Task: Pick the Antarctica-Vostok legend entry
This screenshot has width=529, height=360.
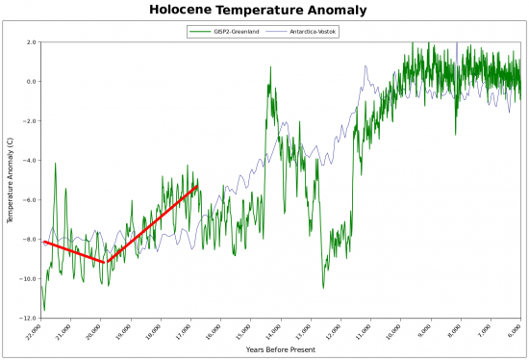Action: click(x=314, y=32)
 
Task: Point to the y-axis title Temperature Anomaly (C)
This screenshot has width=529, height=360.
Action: click(x=10, y=180)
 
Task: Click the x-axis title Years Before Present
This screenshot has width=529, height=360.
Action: click(x=280, y=349)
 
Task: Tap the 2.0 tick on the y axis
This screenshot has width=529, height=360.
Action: click(x=31, y=42)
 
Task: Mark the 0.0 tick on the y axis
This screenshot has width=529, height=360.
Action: click(x=31, y=82)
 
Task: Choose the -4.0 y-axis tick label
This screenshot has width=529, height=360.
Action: click(x=30, y=161)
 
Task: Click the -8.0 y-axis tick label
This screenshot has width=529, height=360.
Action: click(x=30, y=240)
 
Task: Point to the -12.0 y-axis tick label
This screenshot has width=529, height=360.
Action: click(x=28, y=319)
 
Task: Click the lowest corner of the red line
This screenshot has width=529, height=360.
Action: click(x=106, y=262)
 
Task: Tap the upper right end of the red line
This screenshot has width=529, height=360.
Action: click(x=197, y=186)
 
